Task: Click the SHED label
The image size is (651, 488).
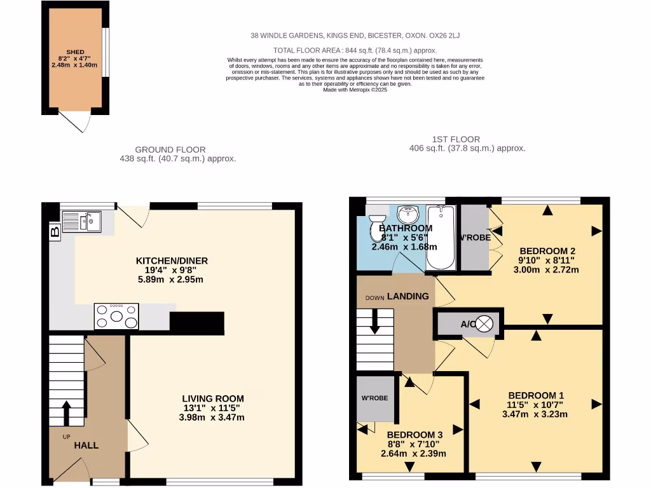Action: tap(75, 52)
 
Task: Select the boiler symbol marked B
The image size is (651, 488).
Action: tap(55, 232)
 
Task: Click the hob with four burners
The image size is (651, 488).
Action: tap(116, 316)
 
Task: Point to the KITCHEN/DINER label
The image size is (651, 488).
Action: tap(172, 261)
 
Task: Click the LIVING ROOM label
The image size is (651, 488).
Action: tap(212, 398)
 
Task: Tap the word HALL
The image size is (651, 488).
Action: tap(86, 445)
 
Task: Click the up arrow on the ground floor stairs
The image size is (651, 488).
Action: tap(66, 412)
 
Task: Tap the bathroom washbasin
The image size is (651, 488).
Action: tap(406, 212)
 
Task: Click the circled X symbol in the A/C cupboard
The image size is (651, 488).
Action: tap(485, 324)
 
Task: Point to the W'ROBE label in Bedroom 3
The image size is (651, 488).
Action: tap(374, 398)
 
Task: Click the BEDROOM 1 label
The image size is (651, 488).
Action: tap(535, 394)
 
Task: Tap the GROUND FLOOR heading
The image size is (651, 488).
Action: tap(177, 150)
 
